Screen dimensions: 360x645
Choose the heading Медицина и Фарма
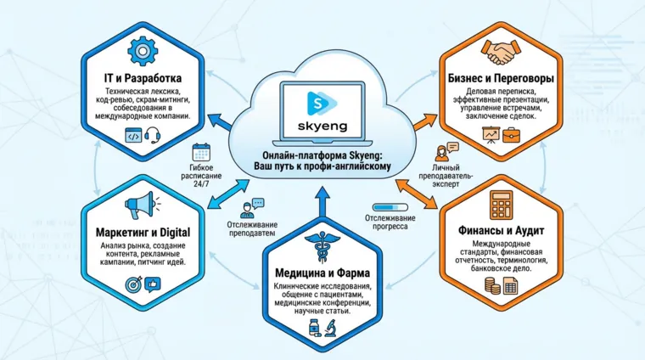pyautogui.click(x=322, y=274)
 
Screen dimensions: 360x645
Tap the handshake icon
pyautogui.click(x=499, y=52)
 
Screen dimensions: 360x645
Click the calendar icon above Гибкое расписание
pyautogui.click(x=201, y=153)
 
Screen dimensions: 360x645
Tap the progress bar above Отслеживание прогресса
pyautogui.click(x=391, y=206)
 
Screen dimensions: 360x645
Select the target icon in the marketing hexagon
pyautogui.click(x=133, y=285)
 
